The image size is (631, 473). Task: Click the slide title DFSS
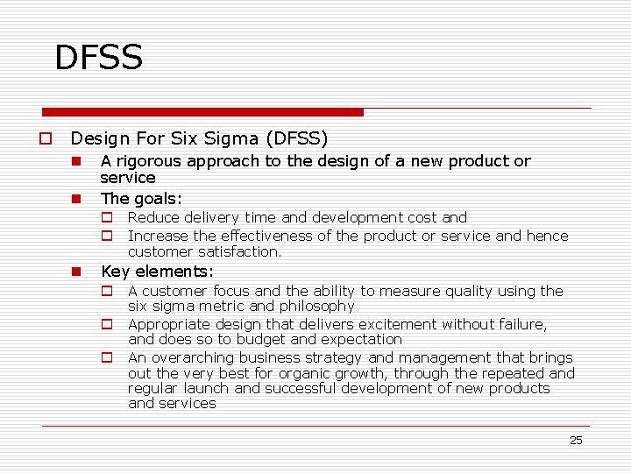point(98,58)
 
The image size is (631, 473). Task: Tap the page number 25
point(576,441)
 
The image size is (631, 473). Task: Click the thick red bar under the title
point(203,112)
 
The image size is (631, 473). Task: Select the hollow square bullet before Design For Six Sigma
point(43,138)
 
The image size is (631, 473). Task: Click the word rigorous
point(147,161)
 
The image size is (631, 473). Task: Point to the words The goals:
point(141,199)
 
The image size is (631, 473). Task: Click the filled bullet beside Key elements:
point(77,272)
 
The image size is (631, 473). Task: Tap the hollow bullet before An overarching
point(107,357)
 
